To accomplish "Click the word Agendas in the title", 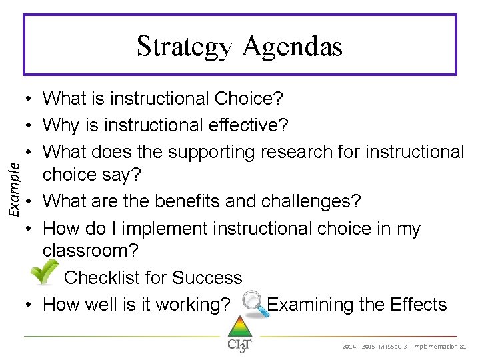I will pyautogui.click(x=293, y=47).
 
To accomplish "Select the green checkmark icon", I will pyautogui.click(x=45, y=273).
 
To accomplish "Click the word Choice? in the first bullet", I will pyautogui.click(x=249, y=99).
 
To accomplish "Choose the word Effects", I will pyautogui.click(x=417, y=305).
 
